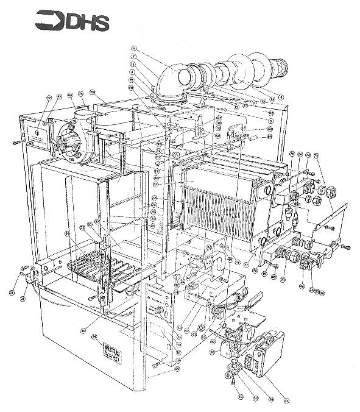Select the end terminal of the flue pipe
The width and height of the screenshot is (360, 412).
(x=281, y=64)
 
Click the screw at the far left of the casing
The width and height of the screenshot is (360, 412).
(x=14, y=142)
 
